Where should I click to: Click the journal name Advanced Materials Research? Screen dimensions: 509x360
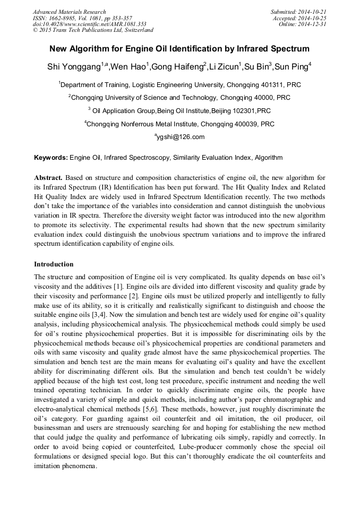[x=69, y=12]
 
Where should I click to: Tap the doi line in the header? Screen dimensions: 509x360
[x=89, y=24]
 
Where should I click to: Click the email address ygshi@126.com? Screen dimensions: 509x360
[x=179, y=137]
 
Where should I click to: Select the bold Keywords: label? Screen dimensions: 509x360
[x=51, y=158]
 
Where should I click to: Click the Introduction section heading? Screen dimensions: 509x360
[x=54, y=264]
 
